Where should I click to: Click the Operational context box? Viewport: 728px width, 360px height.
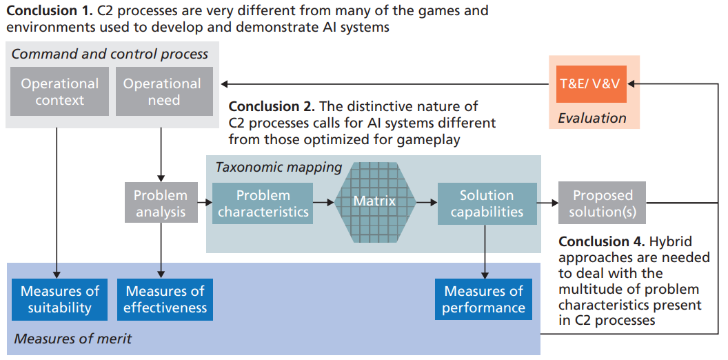click(x=60, y=92)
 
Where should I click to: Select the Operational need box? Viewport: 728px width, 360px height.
click(x=162, y=92)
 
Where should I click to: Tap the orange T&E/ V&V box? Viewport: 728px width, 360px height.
click(x=589, y=83)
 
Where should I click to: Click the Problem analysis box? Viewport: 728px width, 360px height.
click(x=161, y=203)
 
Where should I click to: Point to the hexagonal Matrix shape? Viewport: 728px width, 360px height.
click(x=374, y=202)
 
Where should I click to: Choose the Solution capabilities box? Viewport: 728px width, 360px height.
click(x=487, y=203)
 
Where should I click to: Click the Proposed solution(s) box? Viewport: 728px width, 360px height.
click(x=602, y=203)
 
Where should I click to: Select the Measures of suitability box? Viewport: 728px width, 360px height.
click(x=60, y=299)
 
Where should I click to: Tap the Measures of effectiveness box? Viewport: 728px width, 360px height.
click(x=165, y=299)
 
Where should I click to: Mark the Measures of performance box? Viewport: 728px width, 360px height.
click(x=484, y=299)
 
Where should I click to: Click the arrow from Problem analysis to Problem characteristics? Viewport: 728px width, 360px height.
click(x=205, y=203)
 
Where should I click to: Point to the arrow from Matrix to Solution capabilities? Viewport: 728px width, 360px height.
click(x=427, y=203)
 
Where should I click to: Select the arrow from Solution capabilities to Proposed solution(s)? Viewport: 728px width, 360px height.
click(x=547, y=203)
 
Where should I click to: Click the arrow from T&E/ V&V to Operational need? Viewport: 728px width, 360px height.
click(x=386, y=84)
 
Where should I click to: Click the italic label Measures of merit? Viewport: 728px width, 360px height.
click(x=72, y=339)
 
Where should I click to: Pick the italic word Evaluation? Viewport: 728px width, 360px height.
click(x=592, y=117)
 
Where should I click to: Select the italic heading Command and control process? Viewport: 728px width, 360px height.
click(x=110, y=54)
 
